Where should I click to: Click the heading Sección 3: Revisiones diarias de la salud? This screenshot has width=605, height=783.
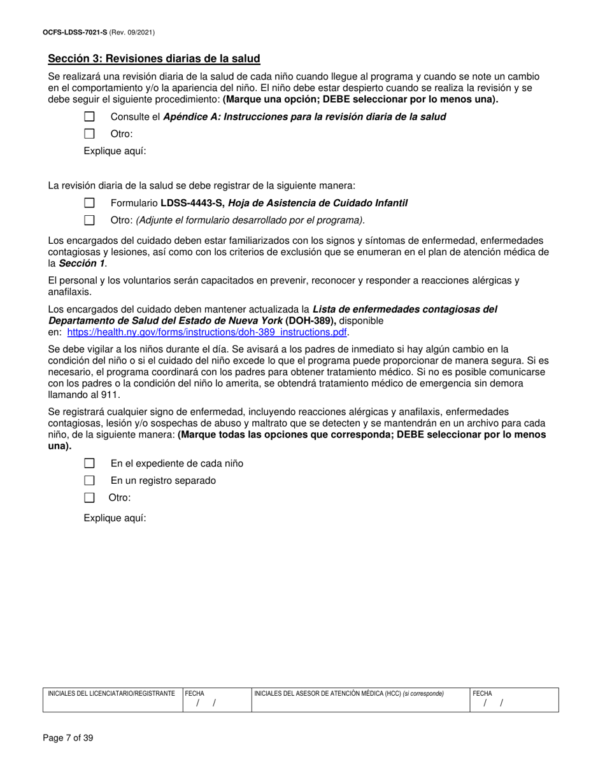tap(154, 59)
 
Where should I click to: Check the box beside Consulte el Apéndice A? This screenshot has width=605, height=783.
tap(90, 116)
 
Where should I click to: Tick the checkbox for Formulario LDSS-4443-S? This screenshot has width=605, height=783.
tap(90, 203)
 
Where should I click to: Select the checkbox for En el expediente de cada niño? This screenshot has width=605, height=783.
tap(90, 463)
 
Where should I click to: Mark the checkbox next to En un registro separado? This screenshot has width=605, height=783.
tap(90, 481)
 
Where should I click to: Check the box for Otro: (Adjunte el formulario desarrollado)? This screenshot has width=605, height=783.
tap(90, 220)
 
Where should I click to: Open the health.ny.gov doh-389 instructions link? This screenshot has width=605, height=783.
tap(208, 332)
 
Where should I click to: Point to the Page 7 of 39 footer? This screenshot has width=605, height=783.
tap(68, 738)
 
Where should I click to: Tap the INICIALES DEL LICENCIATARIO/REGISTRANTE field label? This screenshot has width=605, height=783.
tap(111, 693)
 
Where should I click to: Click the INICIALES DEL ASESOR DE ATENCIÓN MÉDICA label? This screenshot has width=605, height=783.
tap(327, 693)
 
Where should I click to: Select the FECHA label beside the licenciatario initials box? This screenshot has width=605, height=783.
tap(195, 693)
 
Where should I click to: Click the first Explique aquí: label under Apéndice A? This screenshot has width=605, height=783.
tap(115, 151)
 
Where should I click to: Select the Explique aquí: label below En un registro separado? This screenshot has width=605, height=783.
tap(115, 518)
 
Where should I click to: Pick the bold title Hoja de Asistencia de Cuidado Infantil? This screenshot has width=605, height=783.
tap(318, 203)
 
